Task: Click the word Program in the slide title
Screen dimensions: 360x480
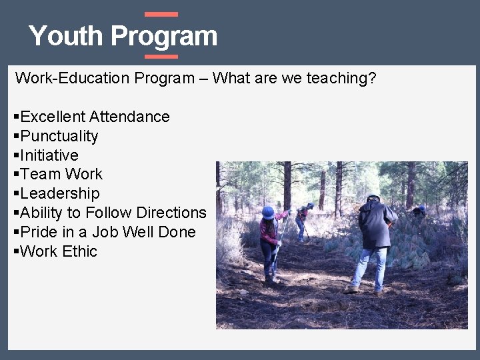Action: (x=164, y=36)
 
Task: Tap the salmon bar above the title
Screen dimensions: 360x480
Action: (x=161, y=14)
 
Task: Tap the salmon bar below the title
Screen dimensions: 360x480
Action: (x=161, y=57)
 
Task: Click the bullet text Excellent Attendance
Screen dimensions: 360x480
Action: (x=95, y=117)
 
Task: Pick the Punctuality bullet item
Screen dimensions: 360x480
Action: (x=59, y=136)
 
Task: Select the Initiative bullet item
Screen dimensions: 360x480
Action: (x=49, y=155)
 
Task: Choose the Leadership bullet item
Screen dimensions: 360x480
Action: (x=60, y=193)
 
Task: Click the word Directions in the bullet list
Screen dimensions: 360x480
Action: (x=171, y=213)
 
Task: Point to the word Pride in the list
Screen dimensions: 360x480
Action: (x=38, y=232)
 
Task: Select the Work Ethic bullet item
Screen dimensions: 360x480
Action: (x=59, y=251)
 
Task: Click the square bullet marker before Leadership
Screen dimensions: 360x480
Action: (x=16, y=194)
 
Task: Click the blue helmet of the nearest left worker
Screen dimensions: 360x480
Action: (x=268, y=213)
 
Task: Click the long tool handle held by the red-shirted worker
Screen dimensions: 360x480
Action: (x=281, y=240)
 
